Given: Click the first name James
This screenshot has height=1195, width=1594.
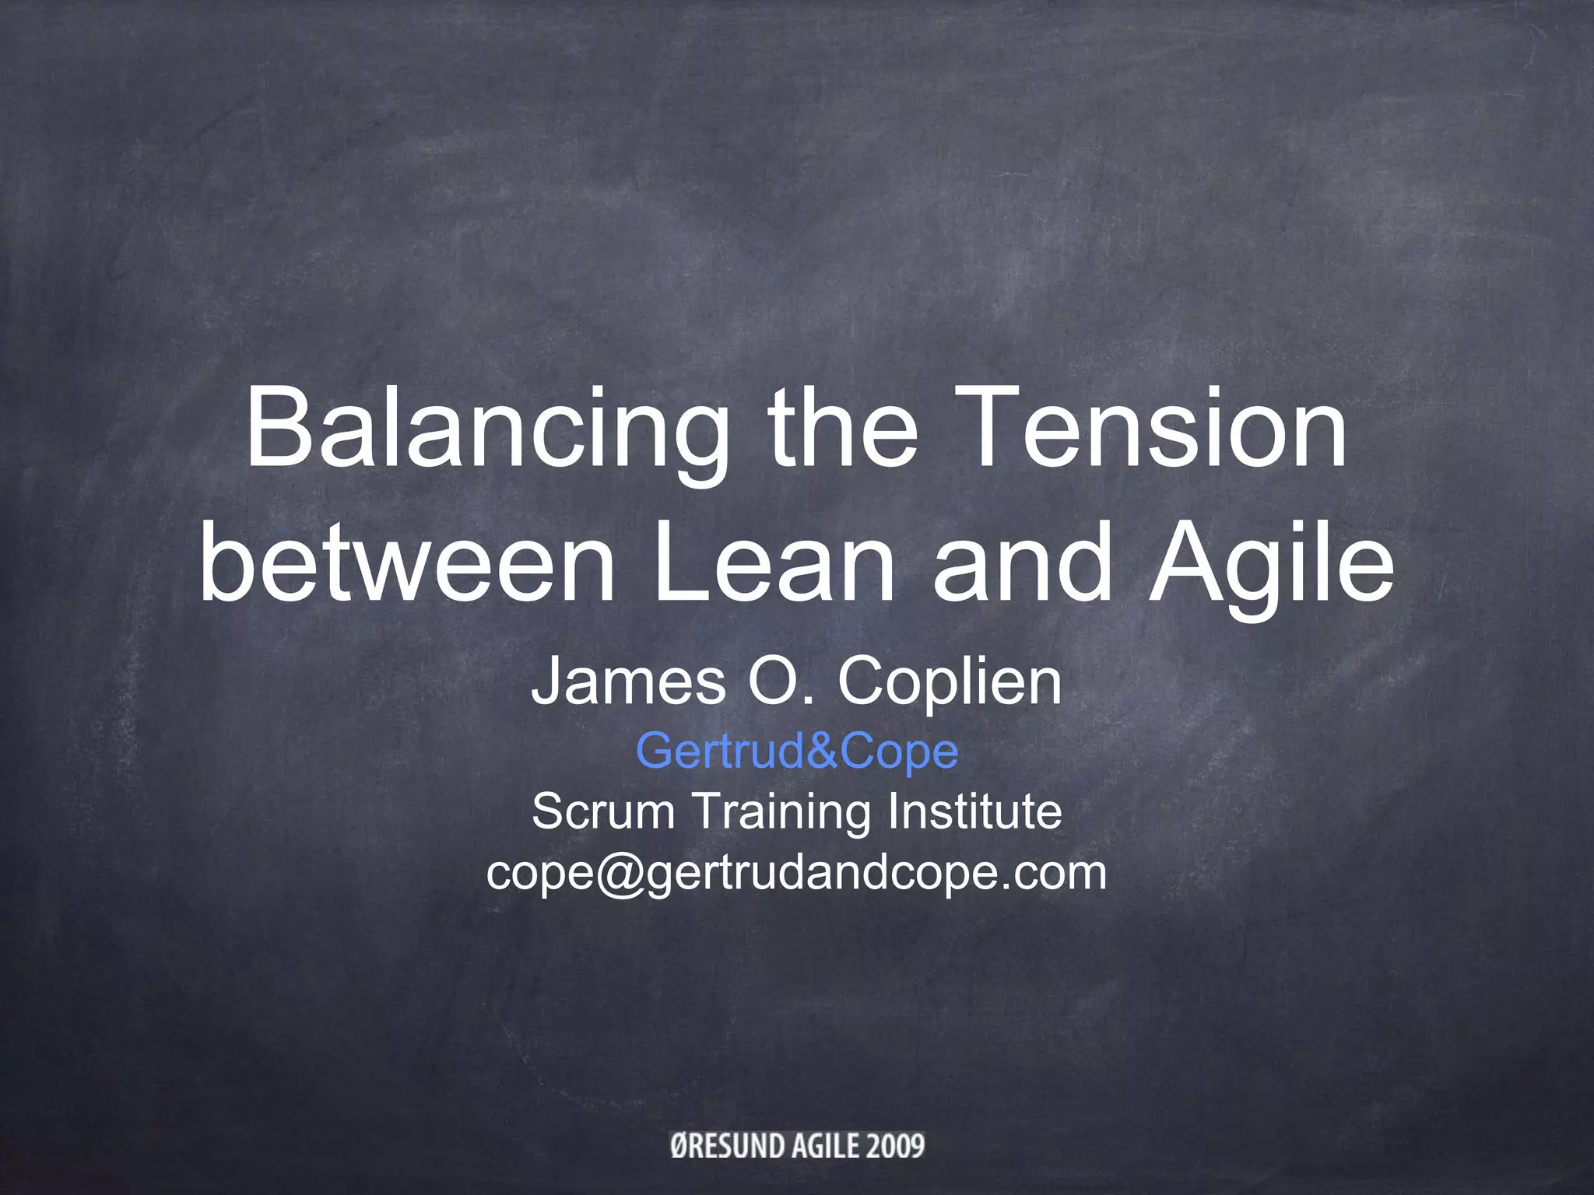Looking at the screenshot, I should tap(627, 682).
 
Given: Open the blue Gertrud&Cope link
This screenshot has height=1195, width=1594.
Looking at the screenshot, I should tap(797, 752).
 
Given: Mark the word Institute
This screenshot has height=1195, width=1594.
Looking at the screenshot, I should tap(974, 811).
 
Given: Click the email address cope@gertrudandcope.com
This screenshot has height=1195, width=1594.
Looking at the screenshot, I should tap(797, 874).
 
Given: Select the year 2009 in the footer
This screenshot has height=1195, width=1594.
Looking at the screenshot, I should tap(895, 1145).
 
